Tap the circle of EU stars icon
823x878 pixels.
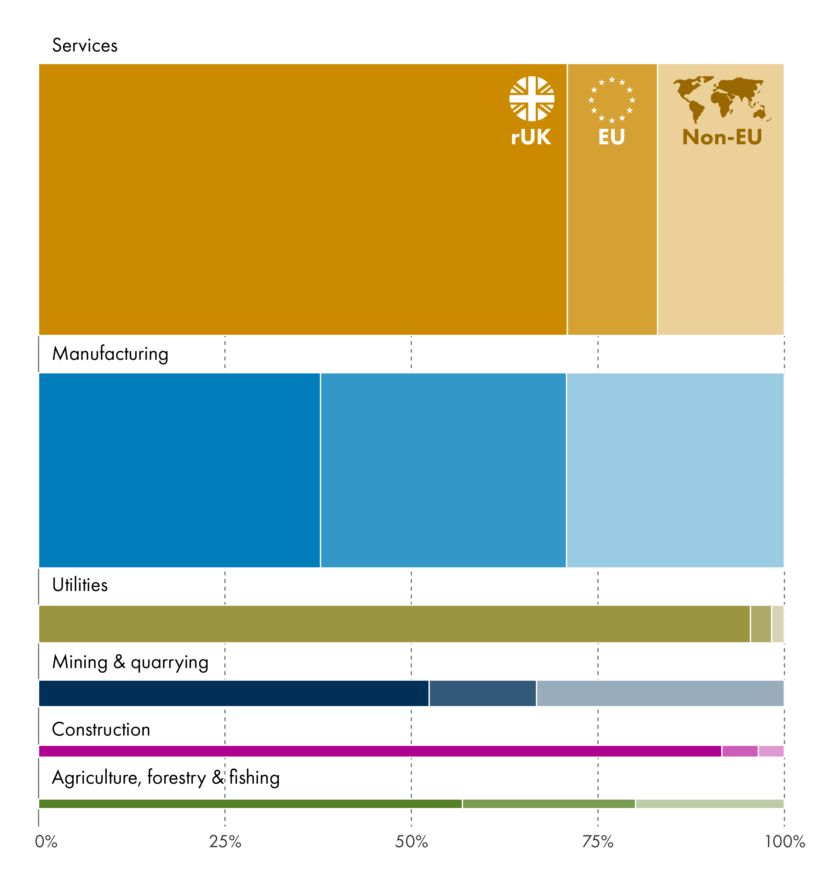coord(611,100)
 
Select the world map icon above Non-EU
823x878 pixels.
coord(721,99)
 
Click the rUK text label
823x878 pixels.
coord(531,137)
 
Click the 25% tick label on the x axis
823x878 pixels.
coord(225,842)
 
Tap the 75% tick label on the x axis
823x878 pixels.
coord(598,842)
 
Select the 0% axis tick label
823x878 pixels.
coord(46,842)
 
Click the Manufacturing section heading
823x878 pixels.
coord(110,354)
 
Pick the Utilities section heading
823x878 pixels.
coord(80,585)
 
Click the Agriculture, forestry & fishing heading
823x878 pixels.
coord(166,778)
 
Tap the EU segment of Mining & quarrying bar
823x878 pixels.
coord(482,693)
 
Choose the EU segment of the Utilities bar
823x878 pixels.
coord(760,624)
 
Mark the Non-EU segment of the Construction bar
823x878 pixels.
coord(771,751)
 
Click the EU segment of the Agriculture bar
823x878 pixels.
coord(549,804)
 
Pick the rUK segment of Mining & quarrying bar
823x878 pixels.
coord(233,693)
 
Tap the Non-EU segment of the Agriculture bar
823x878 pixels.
coord(709,804)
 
